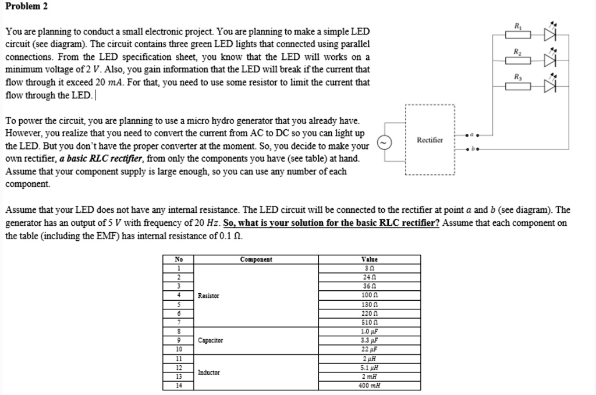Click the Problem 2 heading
point(27,6)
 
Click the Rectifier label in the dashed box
point(430,140)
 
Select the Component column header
point(256,259)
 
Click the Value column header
point(369,259)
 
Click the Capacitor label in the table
point(211,340)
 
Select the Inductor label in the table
point(209,372)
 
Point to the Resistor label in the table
point(209,296)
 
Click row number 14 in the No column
point(179,385)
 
